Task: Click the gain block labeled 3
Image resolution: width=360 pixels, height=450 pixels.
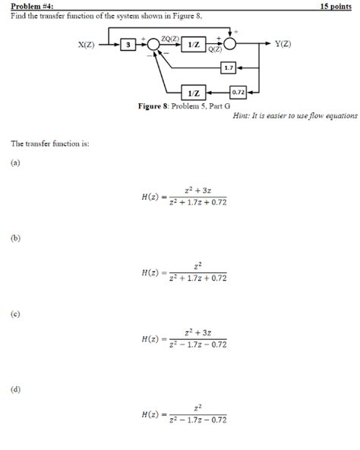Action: click(x=129, y=46)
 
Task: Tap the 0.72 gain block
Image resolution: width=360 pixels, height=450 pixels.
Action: click(x=238, y=92)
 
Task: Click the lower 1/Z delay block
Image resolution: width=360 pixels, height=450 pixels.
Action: click(x=193, y=93)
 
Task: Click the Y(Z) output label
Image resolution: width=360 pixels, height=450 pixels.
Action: click(x=283, y=45)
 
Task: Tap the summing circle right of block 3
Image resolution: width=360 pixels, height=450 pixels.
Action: click(x=153, y=46)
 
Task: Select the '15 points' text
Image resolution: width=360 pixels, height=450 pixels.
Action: click(x=337, y=5)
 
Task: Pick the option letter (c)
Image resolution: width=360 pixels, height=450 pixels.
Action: click(x=15, y=313)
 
